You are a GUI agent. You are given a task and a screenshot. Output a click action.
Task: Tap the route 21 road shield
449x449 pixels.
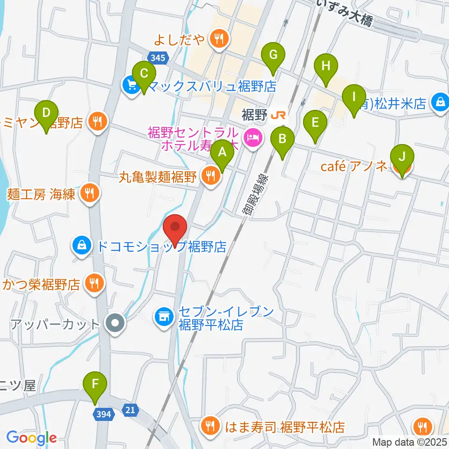coord(130,410)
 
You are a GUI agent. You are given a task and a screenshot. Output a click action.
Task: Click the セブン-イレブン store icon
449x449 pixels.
coord(163,319)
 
